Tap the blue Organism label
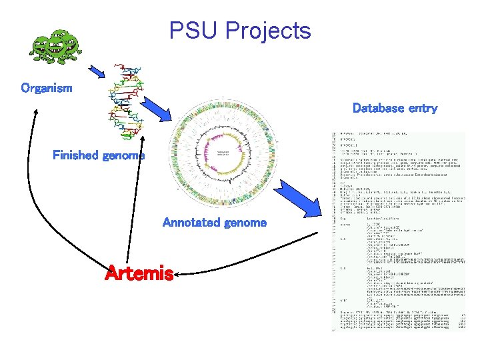pyautogui.click(x=47, y=88)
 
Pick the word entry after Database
pyautogui.click(x=422, y=108)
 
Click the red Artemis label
pyautogui.click(x=139, y=273)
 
